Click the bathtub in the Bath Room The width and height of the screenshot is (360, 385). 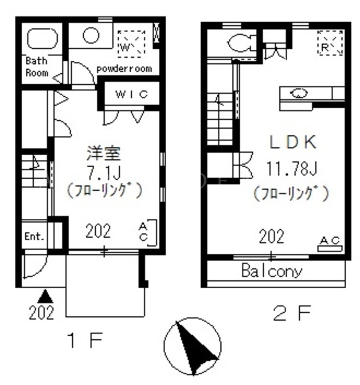click(42, 38)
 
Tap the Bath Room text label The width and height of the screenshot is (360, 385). click(37, 67)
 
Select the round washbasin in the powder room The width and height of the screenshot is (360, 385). click(91, 35)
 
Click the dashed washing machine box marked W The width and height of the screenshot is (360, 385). click(131, 44)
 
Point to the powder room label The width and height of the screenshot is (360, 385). click(125, 69)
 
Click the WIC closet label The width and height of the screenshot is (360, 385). click(132, 94)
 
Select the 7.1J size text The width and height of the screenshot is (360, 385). click(104, 173)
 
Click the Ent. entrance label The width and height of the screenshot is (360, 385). click(34, 236)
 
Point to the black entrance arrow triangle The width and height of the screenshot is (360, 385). click(45, 296)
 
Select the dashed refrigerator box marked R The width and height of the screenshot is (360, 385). click(330, 43)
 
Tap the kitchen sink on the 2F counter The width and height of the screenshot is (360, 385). click(299, 93)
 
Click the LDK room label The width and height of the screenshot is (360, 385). click(293, 142)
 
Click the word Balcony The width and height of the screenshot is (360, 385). click(272, 271)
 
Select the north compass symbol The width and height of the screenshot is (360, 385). click(193, 346)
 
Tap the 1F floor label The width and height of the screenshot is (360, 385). click(85, 340)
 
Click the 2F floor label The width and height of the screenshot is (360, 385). click(292, 313)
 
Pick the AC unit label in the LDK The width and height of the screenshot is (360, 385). click(330, 241)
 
